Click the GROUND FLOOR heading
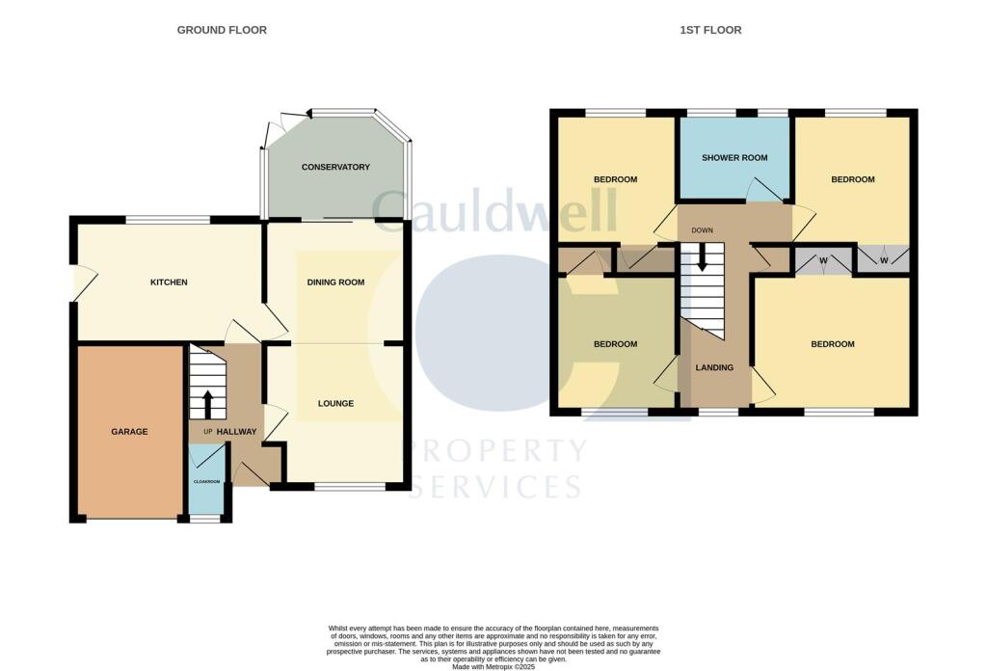pos(222,30)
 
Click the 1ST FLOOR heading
pos(710,30)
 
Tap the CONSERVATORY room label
pos(335,167)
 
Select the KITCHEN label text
pos(168,282)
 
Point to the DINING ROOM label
pos(335,282)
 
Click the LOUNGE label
pos(335,403)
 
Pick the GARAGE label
pos(129,432)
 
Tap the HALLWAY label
pos(236,432)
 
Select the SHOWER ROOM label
pos(734,157)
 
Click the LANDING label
pos(714,367)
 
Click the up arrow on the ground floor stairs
pos(207,402)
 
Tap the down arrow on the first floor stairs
pos(702,255)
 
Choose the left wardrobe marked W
pos(823,260)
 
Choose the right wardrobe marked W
pos(883,260)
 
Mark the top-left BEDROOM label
pos(615,179)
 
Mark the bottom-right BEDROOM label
pos(832,344)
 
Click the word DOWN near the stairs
pos(702,231)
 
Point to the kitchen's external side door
pos(82,283)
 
